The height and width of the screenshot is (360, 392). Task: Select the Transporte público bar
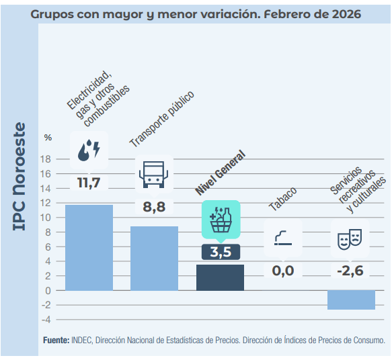(154, 258)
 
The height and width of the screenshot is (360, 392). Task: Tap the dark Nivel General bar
(220, 277)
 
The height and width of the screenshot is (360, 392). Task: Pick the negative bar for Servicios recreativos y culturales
(351, 300)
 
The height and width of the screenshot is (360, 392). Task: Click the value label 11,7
(89, 183)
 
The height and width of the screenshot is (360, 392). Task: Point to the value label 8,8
(154, 207)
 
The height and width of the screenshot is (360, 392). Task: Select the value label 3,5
(220, 253)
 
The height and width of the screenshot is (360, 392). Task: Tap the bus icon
(154, 174)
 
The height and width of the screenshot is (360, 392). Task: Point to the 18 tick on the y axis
(46, 159)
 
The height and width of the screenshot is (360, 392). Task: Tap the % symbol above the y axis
(48, 138)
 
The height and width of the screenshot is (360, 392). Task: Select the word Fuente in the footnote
(55, 341)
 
